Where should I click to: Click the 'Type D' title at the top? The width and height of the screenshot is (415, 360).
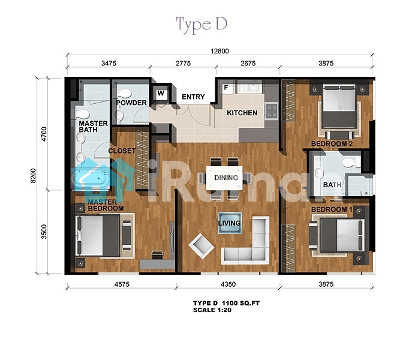(202, 25)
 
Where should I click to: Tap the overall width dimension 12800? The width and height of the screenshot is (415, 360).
(219, 51)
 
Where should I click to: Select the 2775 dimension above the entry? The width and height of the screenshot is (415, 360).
(183, 63)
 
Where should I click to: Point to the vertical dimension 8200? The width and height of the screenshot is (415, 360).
(33, 175)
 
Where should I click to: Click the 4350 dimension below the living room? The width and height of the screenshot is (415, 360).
(228, 284)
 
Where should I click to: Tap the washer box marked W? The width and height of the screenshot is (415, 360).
(161, 93)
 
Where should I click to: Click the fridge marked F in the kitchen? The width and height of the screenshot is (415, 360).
(225, 87)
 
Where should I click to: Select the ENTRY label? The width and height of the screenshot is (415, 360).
(193, 97)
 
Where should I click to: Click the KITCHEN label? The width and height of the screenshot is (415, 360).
(242, 113)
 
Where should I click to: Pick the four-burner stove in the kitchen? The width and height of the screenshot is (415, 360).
(272, 111)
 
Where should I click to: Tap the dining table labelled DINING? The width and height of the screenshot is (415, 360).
(224, 178)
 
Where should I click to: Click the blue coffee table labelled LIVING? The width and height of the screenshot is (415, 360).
(230, 223)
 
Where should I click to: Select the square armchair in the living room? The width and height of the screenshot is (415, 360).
(202, 246)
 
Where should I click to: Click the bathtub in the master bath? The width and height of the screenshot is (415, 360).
(90, 178)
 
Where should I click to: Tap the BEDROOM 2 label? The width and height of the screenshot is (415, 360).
(332, 144)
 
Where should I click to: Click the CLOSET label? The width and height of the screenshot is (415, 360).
(122, 151)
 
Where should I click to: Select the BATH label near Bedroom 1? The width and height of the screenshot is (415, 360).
(332, 185)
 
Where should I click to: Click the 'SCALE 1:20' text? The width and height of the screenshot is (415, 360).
(212, 310)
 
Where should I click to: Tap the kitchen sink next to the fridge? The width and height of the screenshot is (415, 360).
(250, 86)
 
